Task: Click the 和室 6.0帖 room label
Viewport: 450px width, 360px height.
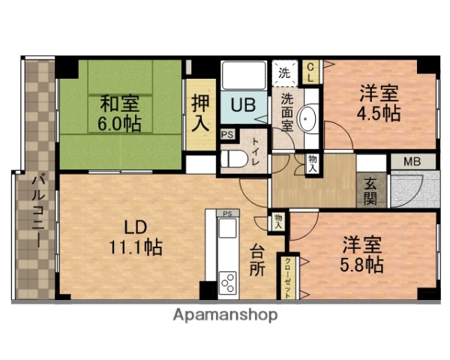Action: click(x=121, y=110)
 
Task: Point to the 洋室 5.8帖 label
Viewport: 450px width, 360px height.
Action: click(x=363, y=255)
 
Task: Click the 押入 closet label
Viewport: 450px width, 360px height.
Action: click(x=199, y=112)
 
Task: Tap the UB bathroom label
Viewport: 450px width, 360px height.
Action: click(x=241, y=106)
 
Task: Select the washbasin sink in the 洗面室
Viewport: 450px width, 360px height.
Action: click(x=307, y=118)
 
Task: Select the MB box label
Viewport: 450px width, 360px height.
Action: click(x=412, y=161)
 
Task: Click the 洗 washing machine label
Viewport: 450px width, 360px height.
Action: click(x=284, y=73)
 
